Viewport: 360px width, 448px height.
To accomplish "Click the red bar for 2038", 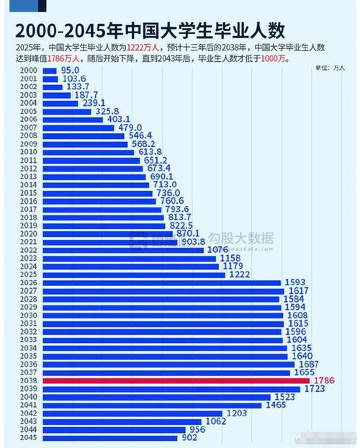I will click(x=176, y=380).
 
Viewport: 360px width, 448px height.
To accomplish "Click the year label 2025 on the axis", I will click(x=28, y=274).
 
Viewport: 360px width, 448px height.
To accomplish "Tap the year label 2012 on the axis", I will click(x=28, y=168).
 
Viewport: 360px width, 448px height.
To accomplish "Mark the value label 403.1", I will click(x=119, y=119).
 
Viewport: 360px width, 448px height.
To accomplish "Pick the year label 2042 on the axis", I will click(x=28, y=413).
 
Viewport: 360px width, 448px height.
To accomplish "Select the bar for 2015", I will click(x=99, y=192).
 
